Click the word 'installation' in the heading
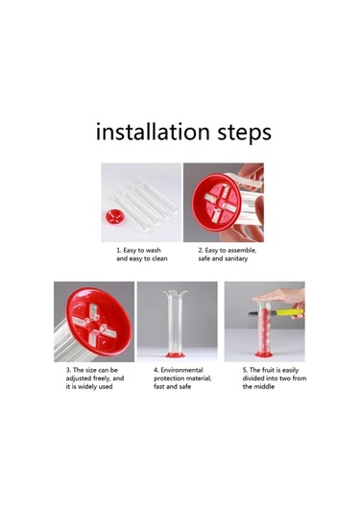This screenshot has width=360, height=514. point(153,132)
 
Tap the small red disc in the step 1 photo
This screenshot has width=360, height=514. point(115,217)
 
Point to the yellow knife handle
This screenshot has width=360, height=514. point(290,311)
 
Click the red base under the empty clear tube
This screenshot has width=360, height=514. point(176,355)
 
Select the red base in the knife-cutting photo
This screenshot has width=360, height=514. point(263,355)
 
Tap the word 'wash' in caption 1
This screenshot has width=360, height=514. point(153,250)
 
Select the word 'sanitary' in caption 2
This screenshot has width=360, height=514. point(235,258)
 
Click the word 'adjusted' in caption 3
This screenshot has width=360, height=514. point(79,379)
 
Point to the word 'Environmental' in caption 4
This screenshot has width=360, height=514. point(181,370)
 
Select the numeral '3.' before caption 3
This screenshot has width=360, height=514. point(68,370)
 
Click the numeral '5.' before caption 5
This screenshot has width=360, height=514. point(245,370)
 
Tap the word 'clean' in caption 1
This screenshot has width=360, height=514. point(159,258)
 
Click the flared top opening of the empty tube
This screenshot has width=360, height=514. point(176,292)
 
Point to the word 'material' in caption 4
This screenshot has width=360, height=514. point(198,379)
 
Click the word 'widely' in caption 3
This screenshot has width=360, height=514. point(86,387)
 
